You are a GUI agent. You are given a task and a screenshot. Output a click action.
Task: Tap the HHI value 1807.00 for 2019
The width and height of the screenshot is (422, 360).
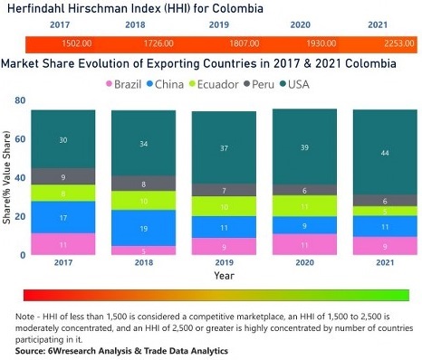tap(220, 43)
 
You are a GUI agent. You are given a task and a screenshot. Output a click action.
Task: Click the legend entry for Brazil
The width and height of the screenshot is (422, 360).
tap(127, 84)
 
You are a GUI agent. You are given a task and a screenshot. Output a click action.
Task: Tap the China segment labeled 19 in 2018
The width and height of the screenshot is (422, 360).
tap(143, 228)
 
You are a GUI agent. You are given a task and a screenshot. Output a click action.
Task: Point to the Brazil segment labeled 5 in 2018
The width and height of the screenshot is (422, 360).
tap(143, 251)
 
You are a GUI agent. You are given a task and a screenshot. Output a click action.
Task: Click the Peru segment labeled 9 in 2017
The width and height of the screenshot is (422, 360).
tap(62, 176)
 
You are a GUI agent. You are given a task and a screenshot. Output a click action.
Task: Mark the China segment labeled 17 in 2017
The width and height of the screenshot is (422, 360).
tap(62, 217)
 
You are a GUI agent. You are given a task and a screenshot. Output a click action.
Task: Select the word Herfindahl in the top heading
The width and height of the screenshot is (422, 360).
tap(35, 8)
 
